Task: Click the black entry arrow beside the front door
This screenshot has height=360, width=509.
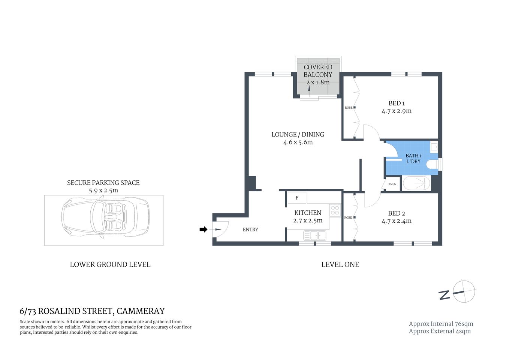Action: tap(203, 229)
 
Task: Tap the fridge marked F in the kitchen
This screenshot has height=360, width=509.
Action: tap(297, 198)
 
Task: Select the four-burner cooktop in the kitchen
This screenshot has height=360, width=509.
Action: tap(335, 210)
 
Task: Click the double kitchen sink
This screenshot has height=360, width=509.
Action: tap(315, 235)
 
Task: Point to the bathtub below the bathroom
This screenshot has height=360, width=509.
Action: tap(416, 184)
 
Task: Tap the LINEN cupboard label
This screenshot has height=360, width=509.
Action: tap(392, 184)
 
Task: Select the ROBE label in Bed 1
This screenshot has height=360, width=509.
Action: tap(348, 108)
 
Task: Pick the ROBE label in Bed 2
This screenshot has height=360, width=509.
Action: tap(348, 217)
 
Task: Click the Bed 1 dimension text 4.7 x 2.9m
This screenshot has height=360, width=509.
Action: tap(396, 111)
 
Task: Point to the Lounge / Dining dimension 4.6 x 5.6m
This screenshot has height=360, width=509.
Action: tap(298, 142)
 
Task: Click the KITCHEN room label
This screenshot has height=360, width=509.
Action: tap(307, 213)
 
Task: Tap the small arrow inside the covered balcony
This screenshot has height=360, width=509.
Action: tap(309, 89)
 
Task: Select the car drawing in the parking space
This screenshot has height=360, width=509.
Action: tap(105, 220)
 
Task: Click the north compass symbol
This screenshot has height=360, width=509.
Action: tap(464, 291)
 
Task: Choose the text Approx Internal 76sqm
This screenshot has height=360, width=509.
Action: tap(441, 324)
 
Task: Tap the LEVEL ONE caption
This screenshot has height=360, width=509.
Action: tap(340, 264)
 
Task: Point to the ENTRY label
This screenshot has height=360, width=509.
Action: tap(250, 229)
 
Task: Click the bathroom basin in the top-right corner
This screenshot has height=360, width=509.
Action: tap(434, 147)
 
